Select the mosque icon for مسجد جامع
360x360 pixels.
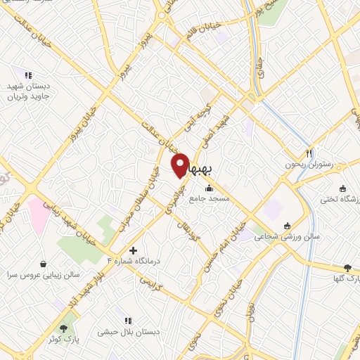tap(209, 188)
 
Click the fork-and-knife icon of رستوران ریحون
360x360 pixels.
tap(309, 153)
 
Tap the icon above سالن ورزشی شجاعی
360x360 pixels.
tap(287, 226)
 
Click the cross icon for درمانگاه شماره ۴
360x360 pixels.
tap(133, 250)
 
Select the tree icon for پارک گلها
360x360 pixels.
tap(347, 268)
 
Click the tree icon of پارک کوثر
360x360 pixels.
tap(64, 328)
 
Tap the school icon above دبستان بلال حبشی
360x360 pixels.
tap(127, 321)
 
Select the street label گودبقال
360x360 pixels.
tap(194, 231)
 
